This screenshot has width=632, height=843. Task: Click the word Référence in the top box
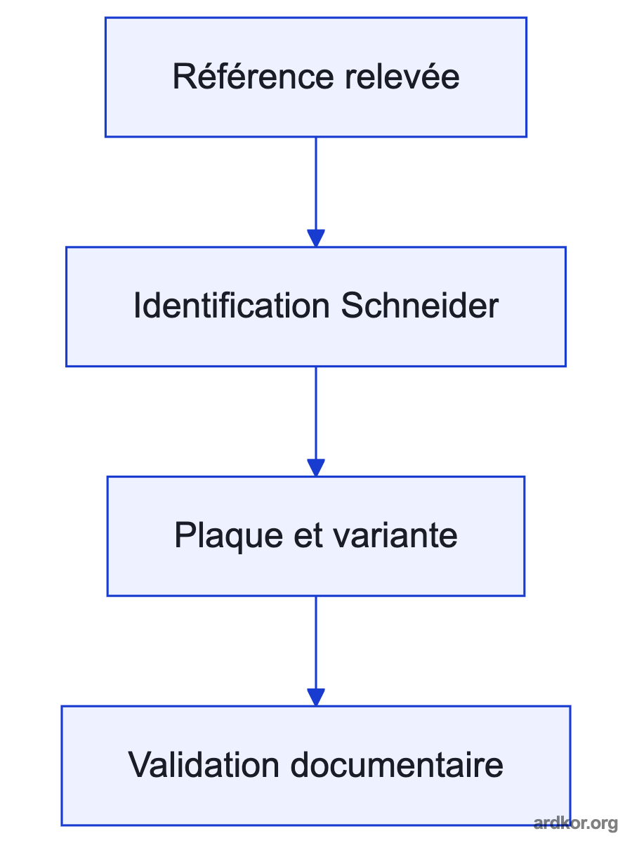pos(254,76)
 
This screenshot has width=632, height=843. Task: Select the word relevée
pos(402,76)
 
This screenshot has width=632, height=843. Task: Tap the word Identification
pos(232,306)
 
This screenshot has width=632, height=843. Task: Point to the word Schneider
pos(420,306)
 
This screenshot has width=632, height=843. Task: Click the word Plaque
pos(229,536)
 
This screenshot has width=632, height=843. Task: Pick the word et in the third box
pos(308,536)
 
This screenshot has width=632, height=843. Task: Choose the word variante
pos(395,535)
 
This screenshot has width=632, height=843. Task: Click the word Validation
pos(204,765)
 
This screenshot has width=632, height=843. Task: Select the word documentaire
pos(397,765)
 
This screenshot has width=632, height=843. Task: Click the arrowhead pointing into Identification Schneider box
pos(316,238)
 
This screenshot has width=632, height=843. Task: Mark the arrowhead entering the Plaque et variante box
pos(316,468)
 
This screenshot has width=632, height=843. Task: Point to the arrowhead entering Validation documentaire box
pos(316,698)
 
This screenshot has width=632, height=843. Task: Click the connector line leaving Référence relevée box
pos(316,183)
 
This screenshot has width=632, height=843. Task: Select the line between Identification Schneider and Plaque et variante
pos(316,413)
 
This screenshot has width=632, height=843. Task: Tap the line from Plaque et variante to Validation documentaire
pos(316,643)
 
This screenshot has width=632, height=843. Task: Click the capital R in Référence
pos(184,76)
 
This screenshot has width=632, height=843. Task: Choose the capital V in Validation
pos(141,765)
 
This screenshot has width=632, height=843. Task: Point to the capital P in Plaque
pos(185,535)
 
